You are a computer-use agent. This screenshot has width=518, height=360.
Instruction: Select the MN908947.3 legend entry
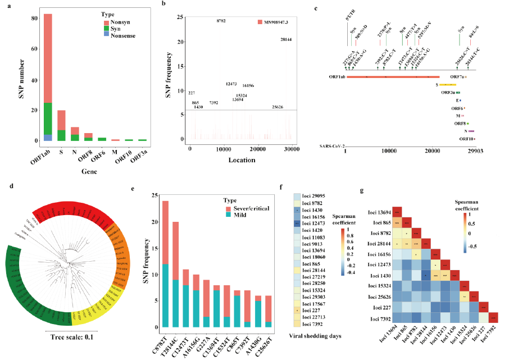pyautogui.click(x=278, y=21)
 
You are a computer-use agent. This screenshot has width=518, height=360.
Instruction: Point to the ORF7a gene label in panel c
pyautogui.click(x=456, y=76)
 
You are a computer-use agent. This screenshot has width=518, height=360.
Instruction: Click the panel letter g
pyautogui.click(x=361, y=190)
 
